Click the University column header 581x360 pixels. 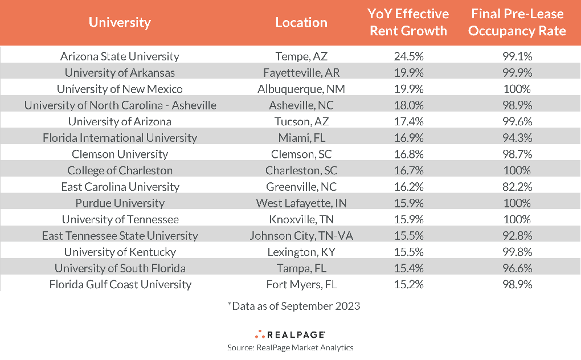(120, 23)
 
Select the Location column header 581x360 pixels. (301, 23)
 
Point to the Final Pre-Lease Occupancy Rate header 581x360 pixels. (517, 22)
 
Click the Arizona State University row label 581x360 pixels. (120, 56)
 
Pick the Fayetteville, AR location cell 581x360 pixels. (301, 73)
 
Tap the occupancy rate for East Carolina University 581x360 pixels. (517, 187)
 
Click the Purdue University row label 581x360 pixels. (120, 203)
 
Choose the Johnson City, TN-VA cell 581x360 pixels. (301, 236)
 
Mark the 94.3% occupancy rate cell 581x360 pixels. (517, 138)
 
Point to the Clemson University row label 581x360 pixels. (120, 154)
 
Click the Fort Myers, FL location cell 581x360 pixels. (301, 285)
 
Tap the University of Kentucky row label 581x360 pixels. (120, 252)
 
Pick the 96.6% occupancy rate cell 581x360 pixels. (517, 268)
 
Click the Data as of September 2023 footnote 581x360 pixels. (294, 306)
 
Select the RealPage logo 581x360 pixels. (290, 334)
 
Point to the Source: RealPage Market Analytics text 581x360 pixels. (290, 347)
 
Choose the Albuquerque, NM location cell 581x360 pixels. (301, 89)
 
